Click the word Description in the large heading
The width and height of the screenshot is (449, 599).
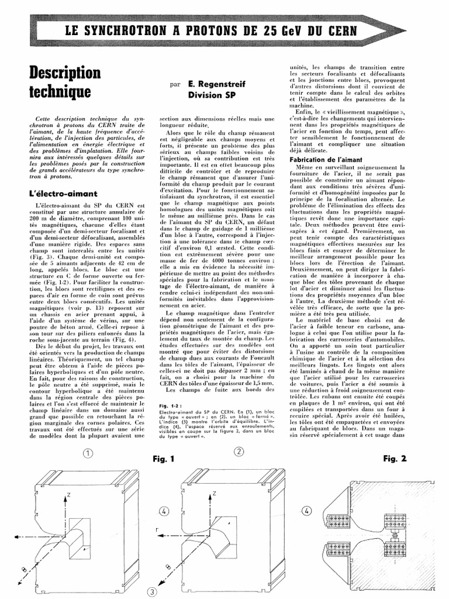click(65, 73)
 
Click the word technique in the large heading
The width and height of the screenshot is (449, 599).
click(60, 92)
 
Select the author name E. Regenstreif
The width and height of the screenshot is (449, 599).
click(217, 84)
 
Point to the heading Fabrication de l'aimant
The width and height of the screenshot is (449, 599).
click(327, 160)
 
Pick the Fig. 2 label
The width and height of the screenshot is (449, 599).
click(395, 459)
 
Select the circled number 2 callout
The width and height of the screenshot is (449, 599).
click(239, 451)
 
